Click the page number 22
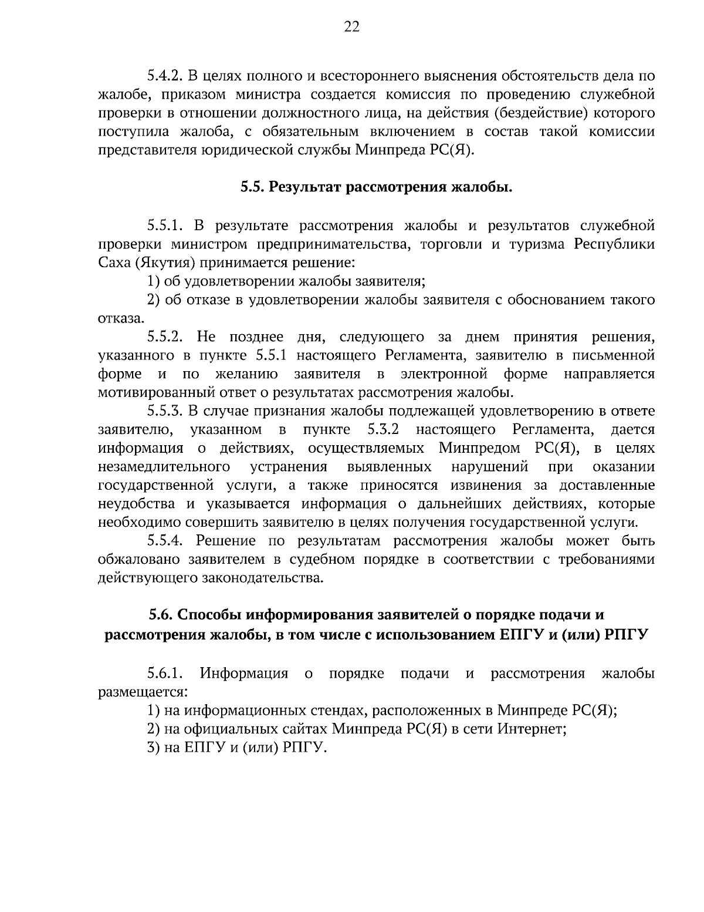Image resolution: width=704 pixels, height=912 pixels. (351, 26)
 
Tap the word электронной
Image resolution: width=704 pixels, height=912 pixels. (444, 374)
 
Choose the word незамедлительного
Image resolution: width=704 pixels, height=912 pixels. (163, 467)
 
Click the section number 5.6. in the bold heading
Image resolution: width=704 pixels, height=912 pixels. (160, 615)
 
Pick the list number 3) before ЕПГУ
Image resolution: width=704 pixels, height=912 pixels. (153, 748)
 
